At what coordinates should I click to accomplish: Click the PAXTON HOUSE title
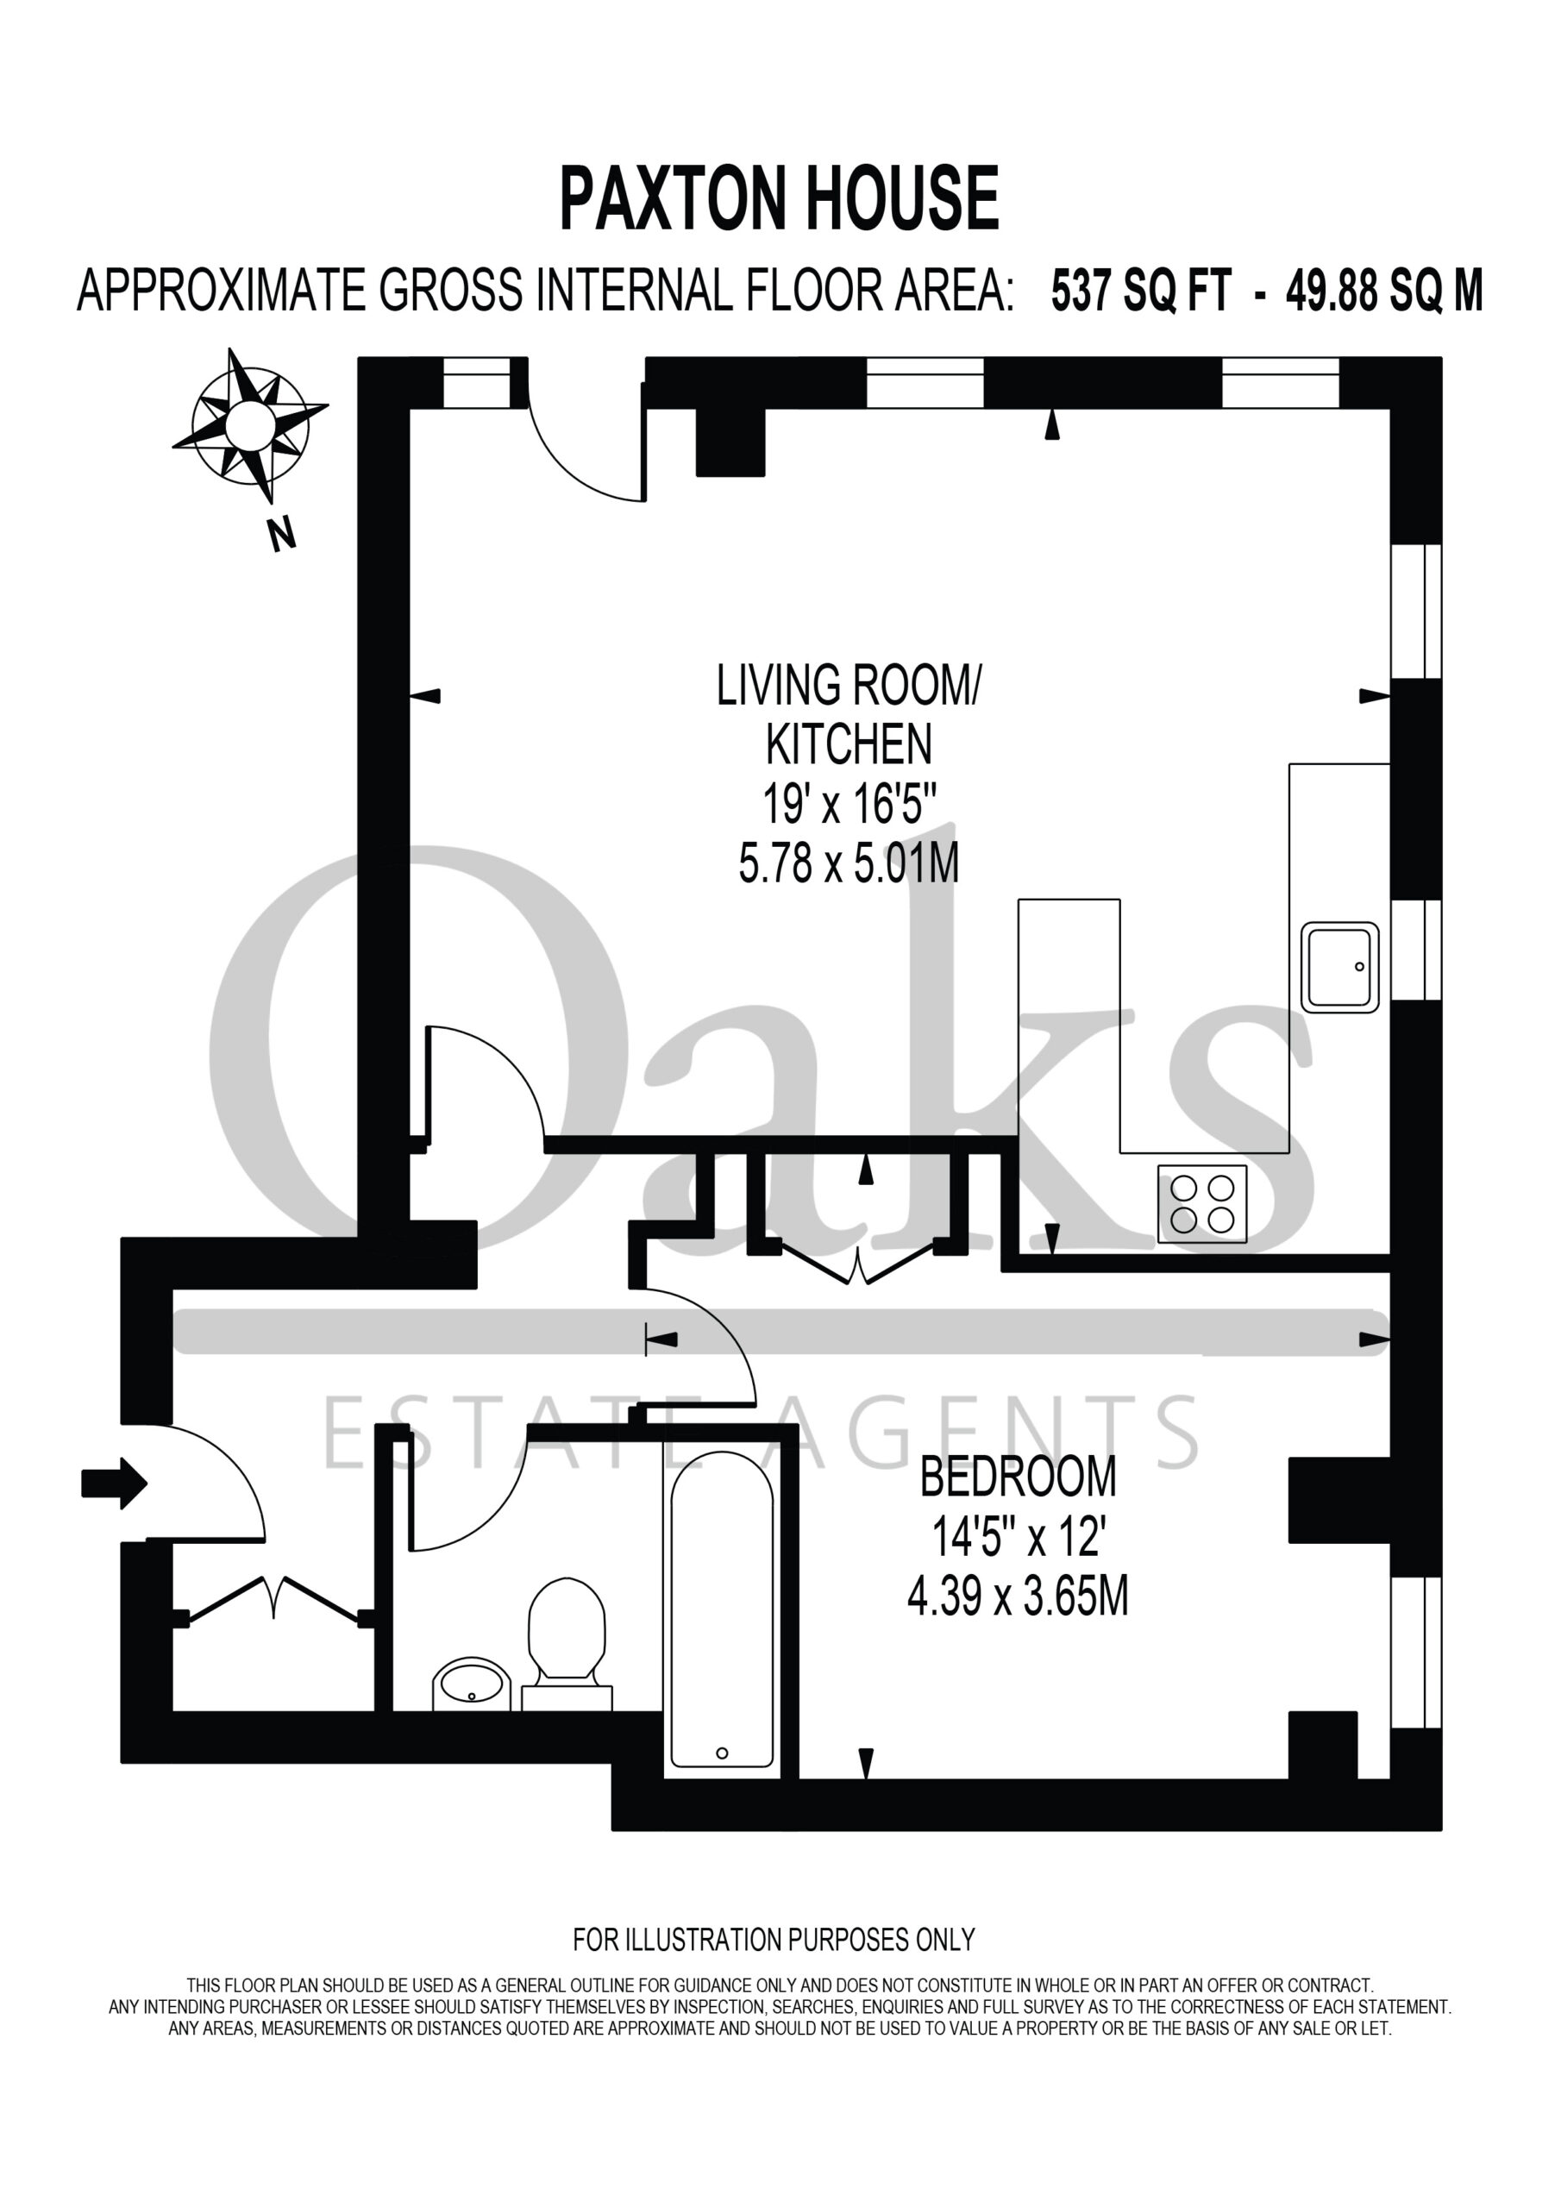[x=779, y=198]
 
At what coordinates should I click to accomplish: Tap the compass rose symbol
[x=250, y=424]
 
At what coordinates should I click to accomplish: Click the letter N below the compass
[x=282, y=534]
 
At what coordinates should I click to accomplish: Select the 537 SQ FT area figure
[x=1141, y=292]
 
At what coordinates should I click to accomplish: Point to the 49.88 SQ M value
[x=1384, y=292]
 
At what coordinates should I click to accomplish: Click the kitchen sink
[x=1339, y=967]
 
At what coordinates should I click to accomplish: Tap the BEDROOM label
[x=1019, y=1478]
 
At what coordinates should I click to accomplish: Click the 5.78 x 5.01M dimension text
[x=849, y=862]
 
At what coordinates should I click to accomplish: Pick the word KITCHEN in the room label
[x=849, y=743]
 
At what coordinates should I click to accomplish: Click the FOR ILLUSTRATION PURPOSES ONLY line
[x=774, y=1940]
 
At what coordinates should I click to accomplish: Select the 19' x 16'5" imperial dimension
[x=849, y=803]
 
